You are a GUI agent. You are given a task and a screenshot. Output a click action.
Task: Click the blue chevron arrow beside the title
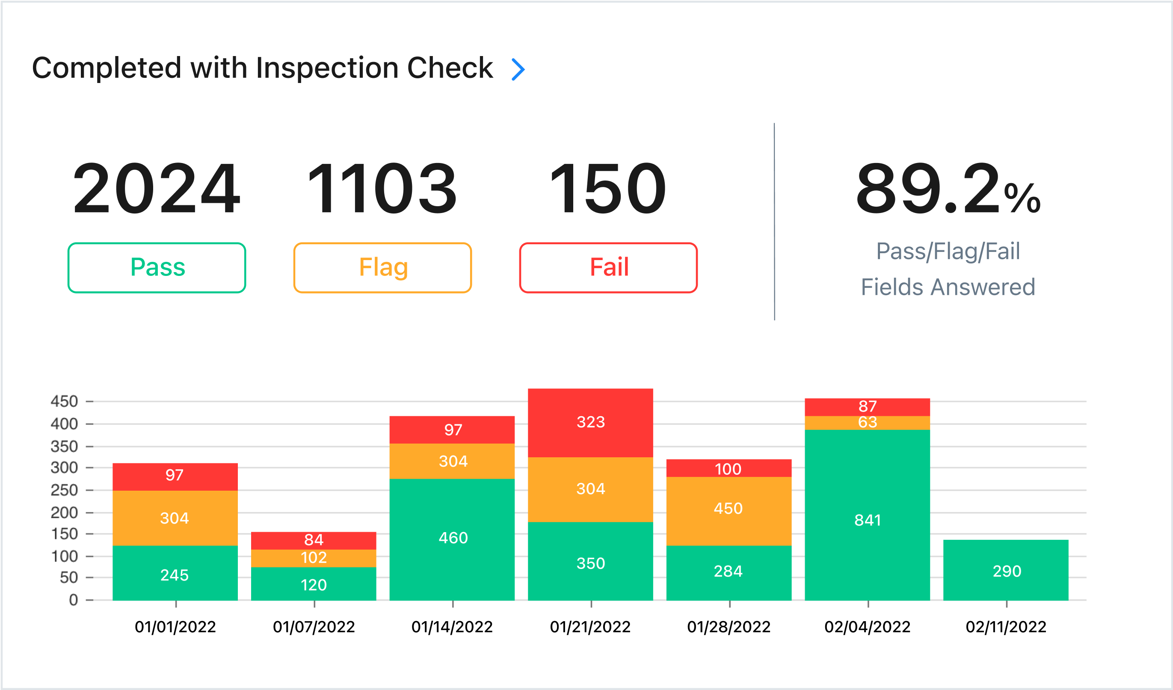coord(518,69)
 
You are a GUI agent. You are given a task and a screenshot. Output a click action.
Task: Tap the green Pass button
coord(157,268)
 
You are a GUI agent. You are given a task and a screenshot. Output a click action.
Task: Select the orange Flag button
coord(382,268)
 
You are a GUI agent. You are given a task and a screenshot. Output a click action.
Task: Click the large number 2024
coord(157,189)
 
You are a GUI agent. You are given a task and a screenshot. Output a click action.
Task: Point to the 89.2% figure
coord(948,189)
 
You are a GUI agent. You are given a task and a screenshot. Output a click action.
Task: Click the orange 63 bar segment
coord(867,423)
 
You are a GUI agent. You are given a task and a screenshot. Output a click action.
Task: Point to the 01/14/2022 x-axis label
coord(452,627)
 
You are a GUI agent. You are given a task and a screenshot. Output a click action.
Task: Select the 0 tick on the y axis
coord(73,600)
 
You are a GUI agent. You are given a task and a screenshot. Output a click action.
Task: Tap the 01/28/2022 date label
coord(729,627)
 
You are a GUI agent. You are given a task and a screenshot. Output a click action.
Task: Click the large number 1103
coord(382,189)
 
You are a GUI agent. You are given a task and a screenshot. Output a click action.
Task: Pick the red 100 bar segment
coord(729,468)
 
